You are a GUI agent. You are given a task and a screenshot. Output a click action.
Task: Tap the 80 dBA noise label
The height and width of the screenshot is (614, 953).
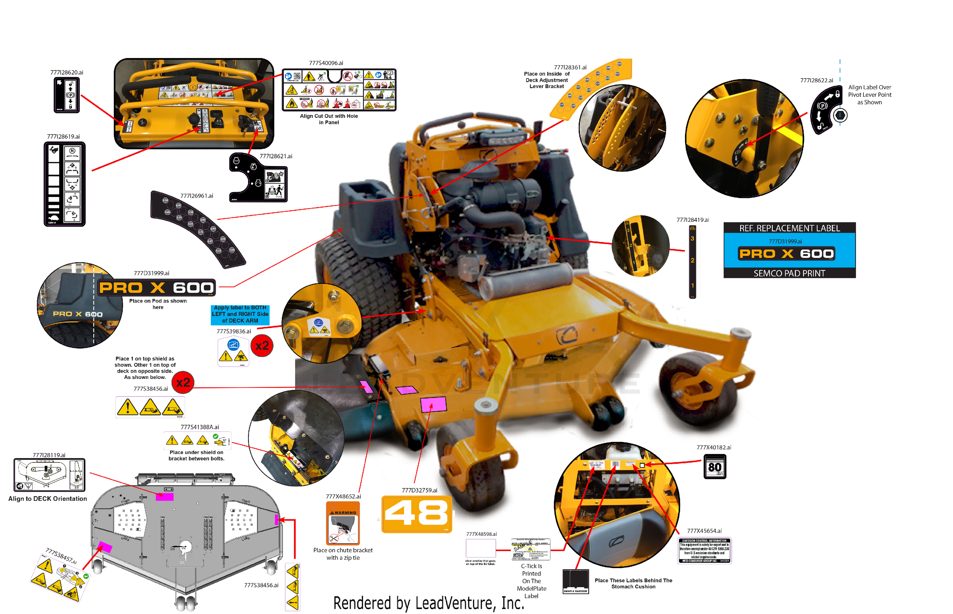tap(715, 466)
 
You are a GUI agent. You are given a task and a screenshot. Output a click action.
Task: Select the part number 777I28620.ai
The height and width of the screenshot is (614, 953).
tap(67, 72)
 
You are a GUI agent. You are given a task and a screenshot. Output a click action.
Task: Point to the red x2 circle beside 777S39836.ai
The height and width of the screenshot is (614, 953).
tap(262, 346)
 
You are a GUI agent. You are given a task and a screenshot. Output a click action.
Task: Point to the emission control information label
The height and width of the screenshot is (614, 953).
tap(705, 551)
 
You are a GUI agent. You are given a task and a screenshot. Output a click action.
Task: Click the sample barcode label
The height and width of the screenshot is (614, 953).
tap(575, 581)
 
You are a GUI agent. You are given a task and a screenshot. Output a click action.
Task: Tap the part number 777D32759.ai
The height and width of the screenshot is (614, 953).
tap(420, 490)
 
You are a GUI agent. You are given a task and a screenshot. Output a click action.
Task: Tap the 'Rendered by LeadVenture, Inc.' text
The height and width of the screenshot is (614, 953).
tap(429, 603)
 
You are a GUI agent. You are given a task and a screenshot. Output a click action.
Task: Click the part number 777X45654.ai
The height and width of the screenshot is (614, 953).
tap(704, 531)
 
